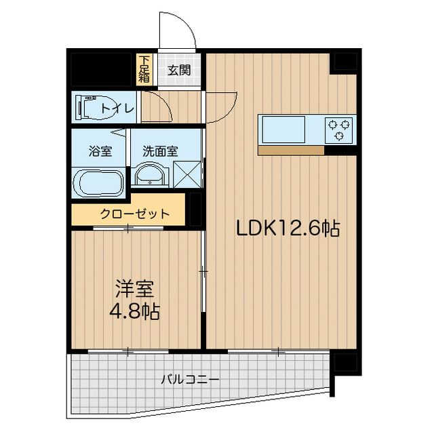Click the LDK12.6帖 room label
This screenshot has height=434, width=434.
point(287,229)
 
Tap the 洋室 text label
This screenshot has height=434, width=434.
point(134,289)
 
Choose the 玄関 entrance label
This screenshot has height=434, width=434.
point(179,69)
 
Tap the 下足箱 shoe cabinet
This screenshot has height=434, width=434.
point(144,68)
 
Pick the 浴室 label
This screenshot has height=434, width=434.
point(100,151)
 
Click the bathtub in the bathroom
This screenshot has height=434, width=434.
point(99,182)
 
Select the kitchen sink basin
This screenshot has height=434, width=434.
point(283,130)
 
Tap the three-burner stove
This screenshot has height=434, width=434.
point(339,130)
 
